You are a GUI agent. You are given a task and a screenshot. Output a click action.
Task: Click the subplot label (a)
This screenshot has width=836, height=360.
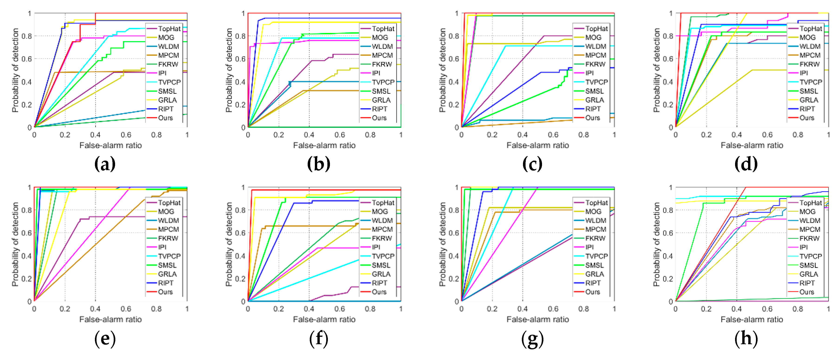[105, 164]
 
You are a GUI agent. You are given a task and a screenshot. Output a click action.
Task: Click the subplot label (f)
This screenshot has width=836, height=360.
[318, 339]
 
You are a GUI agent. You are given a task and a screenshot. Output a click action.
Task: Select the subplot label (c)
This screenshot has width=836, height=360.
[532, 164]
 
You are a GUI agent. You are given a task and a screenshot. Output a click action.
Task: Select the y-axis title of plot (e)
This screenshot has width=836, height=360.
[15, 244]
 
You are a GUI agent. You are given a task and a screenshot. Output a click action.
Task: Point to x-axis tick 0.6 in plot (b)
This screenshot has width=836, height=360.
[339, 135]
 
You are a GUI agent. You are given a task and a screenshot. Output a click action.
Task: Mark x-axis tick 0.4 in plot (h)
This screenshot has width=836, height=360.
[736, 309]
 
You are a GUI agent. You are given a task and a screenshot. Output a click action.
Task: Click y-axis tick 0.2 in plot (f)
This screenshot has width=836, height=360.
[240, 279]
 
